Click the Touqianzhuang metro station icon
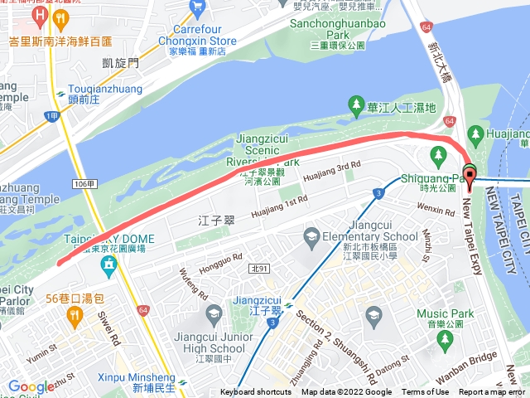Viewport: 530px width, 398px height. (x=61, y=94)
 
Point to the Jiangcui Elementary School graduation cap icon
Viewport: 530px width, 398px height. (x=311, y=236)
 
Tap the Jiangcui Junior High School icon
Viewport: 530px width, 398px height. (x=214, y=313)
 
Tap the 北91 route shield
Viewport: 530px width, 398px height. (x=258, y=267)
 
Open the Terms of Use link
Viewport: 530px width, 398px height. (x=425, y=392)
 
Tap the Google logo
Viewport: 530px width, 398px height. (x=31, y=386)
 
